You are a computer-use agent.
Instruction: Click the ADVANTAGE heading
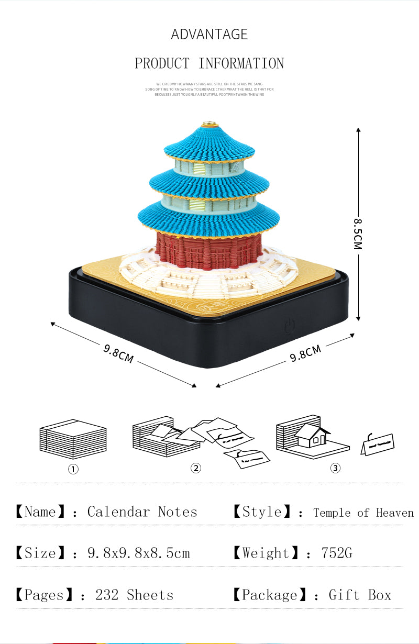pyautogui.click(x=209, y=35)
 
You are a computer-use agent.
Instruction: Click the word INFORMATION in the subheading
pyautogui.click(x=241, y=64)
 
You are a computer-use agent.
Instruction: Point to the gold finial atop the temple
pyautogui.click(x=209, y=124)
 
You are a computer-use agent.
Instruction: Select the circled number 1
pyautogui.click(x=73, y=469)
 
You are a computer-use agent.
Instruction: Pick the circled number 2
pyautogui.click(x=195, y=468)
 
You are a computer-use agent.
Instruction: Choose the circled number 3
pyautogui.click(x=335, y=468)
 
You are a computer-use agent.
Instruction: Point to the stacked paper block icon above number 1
pyautogui.click(x=73, y=439)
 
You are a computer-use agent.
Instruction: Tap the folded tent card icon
pyautogui.click(x=377, y=444)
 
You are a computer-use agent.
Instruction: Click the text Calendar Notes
pyautogui.click(x=142, y=512)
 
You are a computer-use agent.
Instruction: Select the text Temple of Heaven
pyautogui.click(x=363, y=513)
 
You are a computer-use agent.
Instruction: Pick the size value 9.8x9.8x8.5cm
pyautogui.click(x=139, y=553)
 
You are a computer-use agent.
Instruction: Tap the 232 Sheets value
pyautogui.click(x=134, y=595)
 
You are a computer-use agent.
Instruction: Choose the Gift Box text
pyautogui.click(x=360, y=595)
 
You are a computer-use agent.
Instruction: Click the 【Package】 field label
pyautogui.click(x=268, y=595)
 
